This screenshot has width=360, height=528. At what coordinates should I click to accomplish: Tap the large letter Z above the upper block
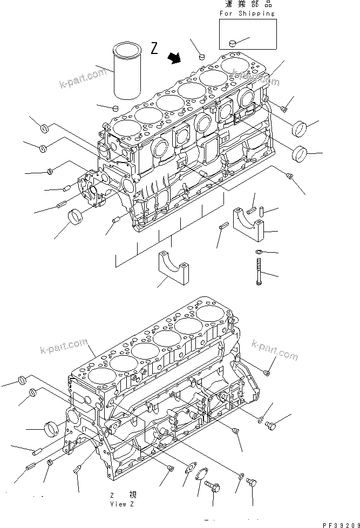(155, 49)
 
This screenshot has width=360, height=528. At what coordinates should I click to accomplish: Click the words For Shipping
(248, 13)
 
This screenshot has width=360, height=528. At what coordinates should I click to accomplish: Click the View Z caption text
(121, 504)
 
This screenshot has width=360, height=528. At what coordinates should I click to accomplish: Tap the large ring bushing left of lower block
(52, 430)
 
